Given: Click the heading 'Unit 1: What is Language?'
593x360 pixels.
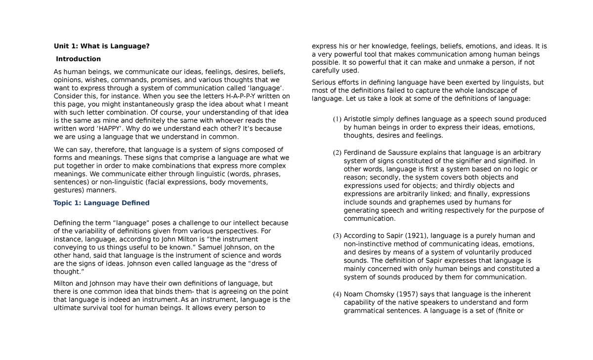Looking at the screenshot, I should [x=101, y=46].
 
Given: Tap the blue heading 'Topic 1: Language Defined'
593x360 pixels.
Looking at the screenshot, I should [x=101, y=203].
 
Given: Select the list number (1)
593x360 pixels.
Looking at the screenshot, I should [x=337, y=119].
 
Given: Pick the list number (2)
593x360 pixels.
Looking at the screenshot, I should [x=337, y=152].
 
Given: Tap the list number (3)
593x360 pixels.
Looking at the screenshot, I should [x=337, y=236].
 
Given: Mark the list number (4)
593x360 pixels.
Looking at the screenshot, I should [x=337, y=294].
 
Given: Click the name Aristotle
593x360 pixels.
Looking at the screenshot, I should [x=359, y=119].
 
